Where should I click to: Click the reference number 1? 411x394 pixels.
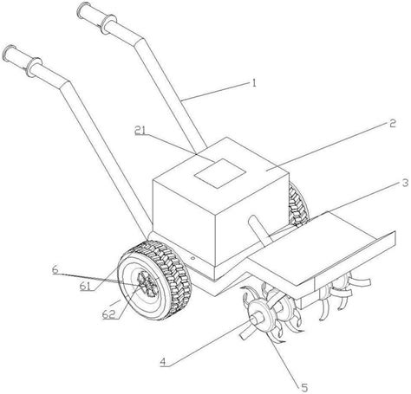[x=254, y=84]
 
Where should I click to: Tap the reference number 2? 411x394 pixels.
[x=392, y=123]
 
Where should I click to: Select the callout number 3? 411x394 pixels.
[x=405, y=183]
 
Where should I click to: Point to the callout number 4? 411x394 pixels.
[x=163, y=362]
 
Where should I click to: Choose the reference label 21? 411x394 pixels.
[x=140, y=130]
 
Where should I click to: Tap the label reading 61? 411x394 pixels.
[x=87, y=287]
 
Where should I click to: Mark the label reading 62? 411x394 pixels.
[x=109, y=314]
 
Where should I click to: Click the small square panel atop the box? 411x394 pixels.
[x=220, y=173]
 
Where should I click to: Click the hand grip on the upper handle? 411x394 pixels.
[x=96, y=18]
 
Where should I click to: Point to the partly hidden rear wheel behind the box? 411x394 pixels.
[x=297, y=206]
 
